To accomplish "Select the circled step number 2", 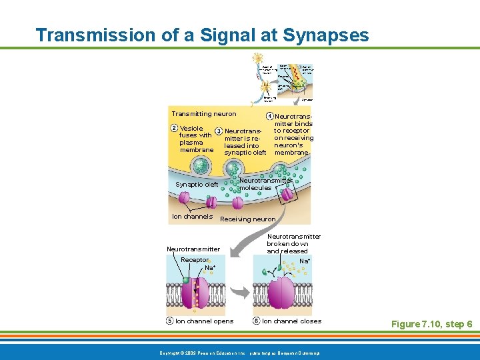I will (174, 128).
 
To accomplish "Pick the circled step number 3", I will (219, 131).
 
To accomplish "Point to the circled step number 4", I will (269, 116).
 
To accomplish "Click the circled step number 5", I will (170, 321).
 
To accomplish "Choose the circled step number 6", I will (257, 321).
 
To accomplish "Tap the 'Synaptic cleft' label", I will (197, 185).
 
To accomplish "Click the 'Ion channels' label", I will (192, 216).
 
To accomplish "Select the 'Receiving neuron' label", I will (247, 219).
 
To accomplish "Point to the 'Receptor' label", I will (194, 260).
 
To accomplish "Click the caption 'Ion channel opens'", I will (204, 321).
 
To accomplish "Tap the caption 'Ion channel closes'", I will (291, 321).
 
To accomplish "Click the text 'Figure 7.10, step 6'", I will (431, 324).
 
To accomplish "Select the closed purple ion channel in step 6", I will (282, 293).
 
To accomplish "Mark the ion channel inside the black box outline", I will (287, 195).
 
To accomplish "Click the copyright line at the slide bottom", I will (239, 352).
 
